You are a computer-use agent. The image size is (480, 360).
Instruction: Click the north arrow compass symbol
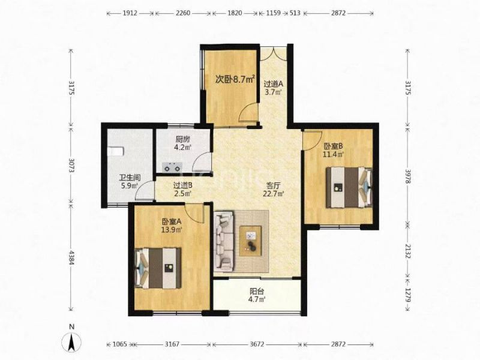[x=71, y=341]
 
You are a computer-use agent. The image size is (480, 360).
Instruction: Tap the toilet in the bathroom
[x=115, y=151]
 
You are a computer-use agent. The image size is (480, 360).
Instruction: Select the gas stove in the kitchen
[x=172, y=168]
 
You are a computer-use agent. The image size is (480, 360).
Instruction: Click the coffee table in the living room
[x=250, y=241]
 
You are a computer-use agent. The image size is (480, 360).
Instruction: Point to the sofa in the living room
[x=224, y=241]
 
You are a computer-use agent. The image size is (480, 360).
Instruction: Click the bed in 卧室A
[x=158, y=268]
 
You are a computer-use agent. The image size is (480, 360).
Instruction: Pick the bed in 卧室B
[x=349, y=187]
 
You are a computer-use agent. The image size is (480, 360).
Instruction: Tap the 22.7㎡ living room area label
[x=274, y=193]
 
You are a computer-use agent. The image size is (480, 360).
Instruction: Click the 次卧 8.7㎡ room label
[x=235, y=80]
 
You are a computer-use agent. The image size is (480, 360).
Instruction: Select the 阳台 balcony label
[x=257, y=291]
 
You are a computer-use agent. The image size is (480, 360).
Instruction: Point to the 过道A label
[x=274, y=83]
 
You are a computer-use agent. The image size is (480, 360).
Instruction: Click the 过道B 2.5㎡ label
[x=183, y=189]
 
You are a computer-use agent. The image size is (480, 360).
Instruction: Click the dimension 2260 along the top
[x=183, y=13]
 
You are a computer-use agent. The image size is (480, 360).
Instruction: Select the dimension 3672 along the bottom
[x=257, y=344]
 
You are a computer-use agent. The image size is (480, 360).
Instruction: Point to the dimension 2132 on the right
[x=408, y=251]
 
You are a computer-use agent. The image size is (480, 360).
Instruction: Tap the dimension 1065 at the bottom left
[x=119, y=344]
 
